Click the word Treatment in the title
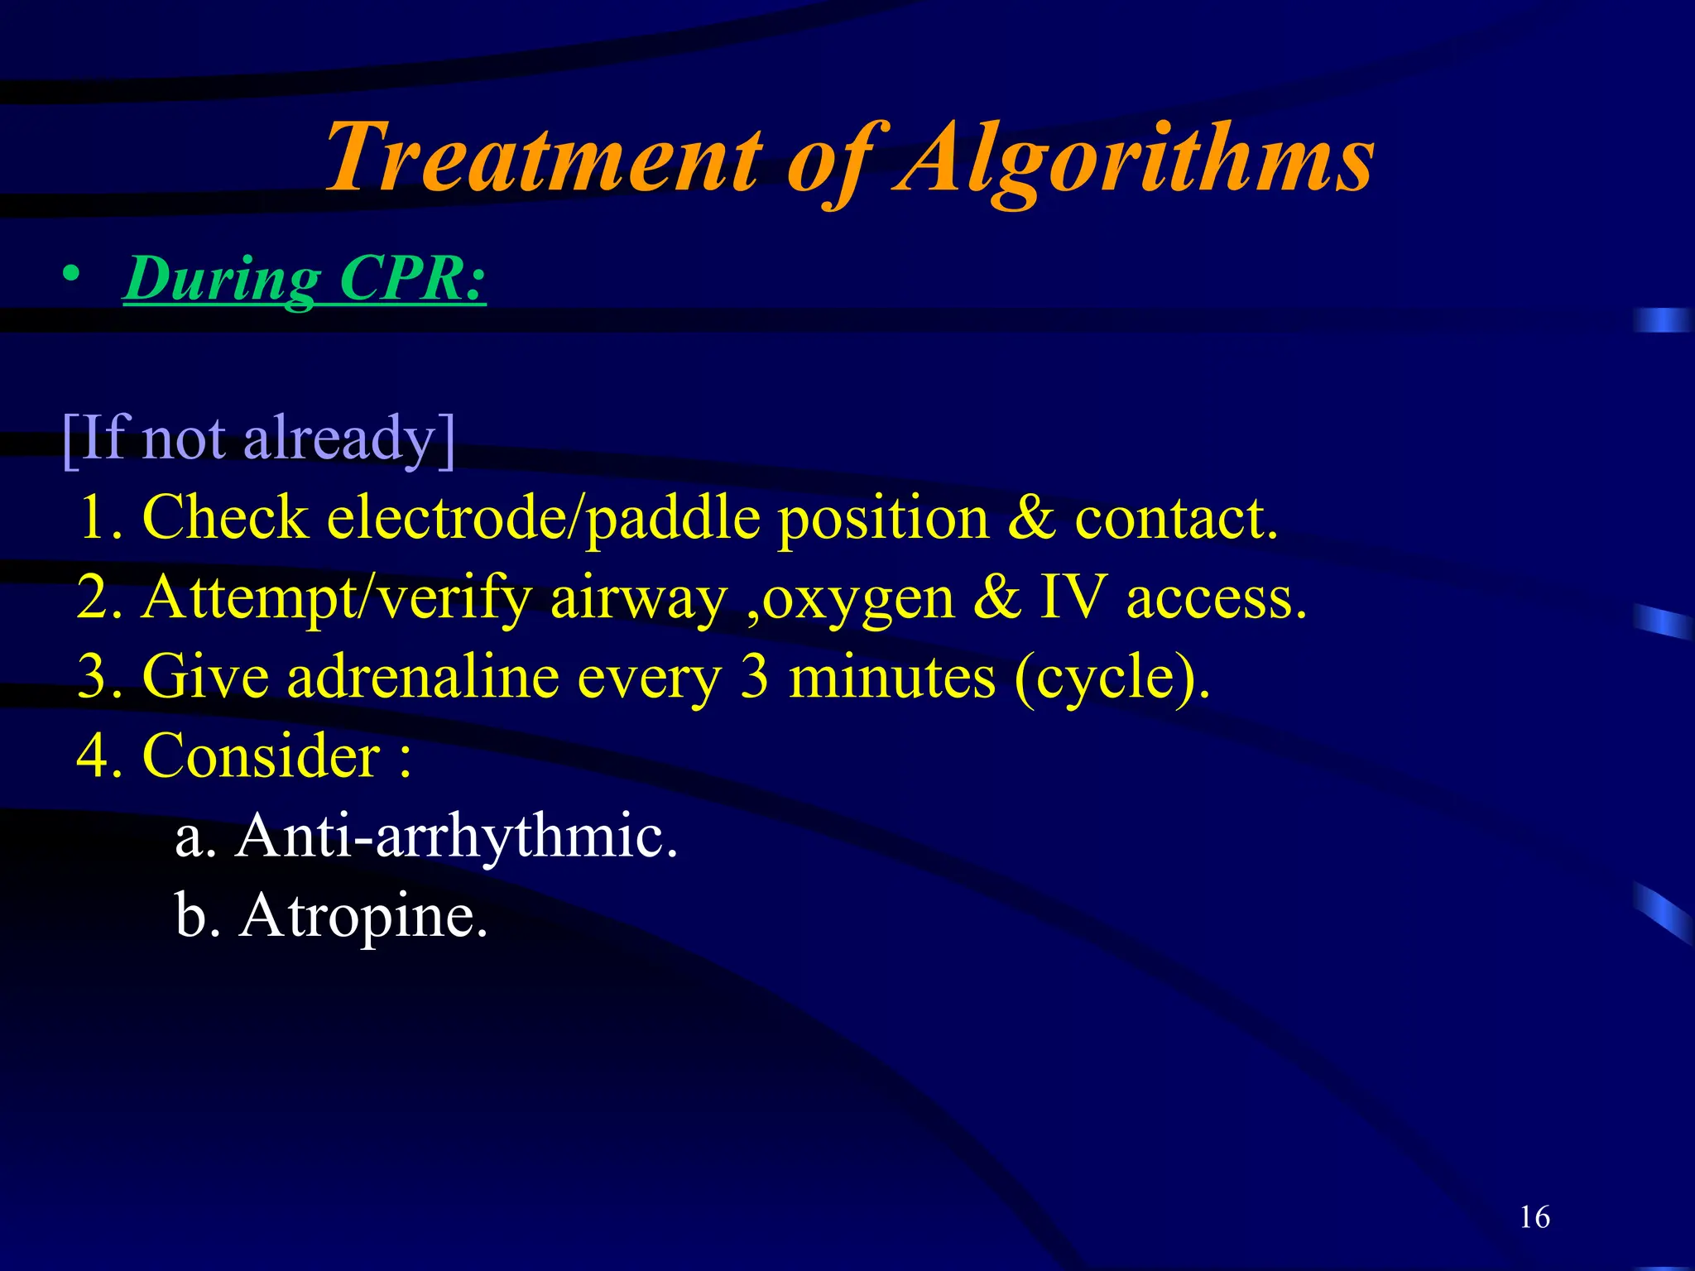[x=542, y=157]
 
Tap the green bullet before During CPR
[x=72, y=275]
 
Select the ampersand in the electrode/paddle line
[x=1031, y=519]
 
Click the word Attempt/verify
[x=336, y=598]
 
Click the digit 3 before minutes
[x=754, y=677]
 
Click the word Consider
[x=261, y=756]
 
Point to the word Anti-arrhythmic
[x=456, y=837]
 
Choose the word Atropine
[x=363, y=917]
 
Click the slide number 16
[x=1534, y=1217]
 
